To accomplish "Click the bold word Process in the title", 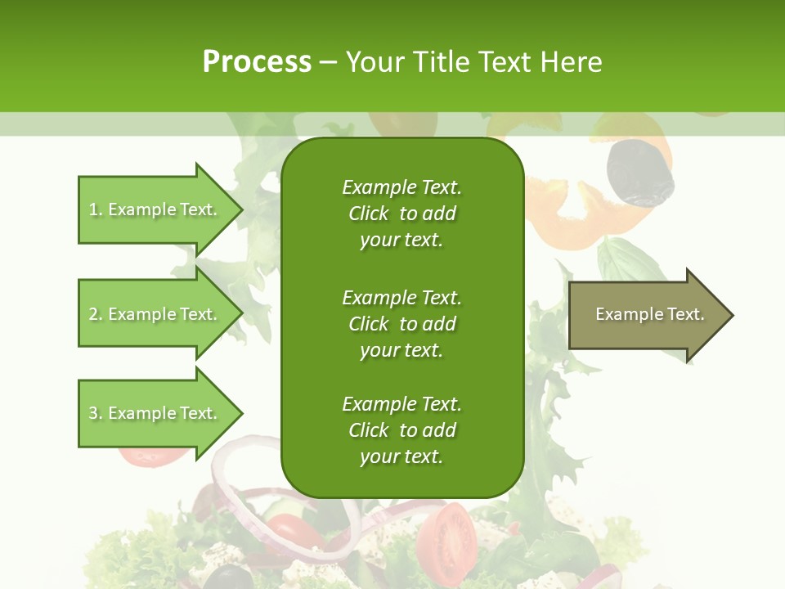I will click(x=257, y=62).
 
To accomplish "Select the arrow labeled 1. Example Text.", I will click(x=155, y=209).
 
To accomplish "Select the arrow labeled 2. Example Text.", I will click(x=155, y=314).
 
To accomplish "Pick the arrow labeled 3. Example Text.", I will click(x=155, y=413).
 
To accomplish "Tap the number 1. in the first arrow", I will click(x=96, y=209).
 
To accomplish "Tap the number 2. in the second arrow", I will click(x=96, y=314).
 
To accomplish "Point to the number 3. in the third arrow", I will click(x=96, y=413).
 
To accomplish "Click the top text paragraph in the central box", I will click(x=401, y=214).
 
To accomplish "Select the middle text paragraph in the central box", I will click(x=401, y=324).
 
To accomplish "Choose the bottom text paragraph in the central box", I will click(x=401, y=430).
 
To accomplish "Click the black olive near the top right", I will click(x=640, y=172).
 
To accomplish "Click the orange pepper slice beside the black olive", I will click(x=564, y=213).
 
